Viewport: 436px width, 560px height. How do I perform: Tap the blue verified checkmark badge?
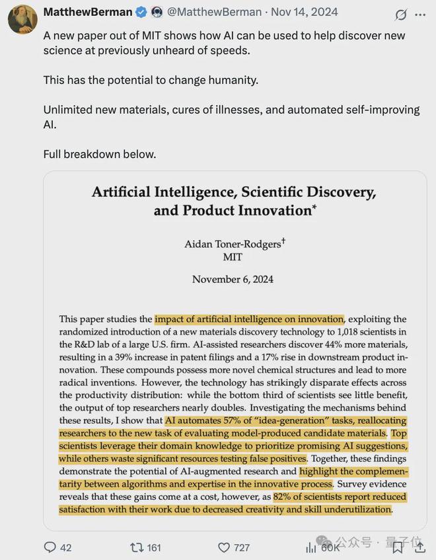tap(141, 13)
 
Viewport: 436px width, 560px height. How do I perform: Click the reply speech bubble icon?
tap(50, 547)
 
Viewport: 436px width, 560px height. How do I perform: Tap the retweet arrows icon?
tap(137, 547)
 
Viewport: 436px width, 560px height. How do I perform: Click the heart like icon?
tap(223, 547)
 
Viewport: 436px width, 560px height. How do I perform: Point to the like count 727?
tap(242, 547)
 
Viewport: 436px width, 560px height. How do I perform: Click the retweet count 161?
tap(154, 547)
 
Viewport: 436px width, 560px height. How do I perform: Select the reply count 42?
tap(66, 547)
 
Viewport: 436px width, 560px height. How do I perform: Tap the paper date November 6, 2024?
tap(233, 279)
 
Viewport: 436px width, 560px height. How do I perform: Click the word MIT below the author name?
tap(233, 257)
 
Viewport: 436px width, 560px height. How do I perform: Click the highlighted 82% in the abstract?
tap(285, 497)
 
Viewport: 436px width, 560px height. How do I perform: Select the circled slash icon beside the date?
tap(400, 14)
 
